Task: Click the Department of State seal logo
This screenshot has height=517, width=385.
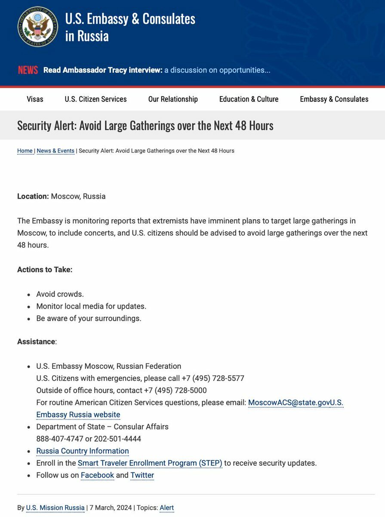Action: (37, 27)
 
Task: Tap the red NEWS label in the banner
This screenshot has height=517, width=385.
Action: (28, 70)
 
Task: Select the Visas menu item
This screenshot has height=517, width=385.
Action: (35, 99)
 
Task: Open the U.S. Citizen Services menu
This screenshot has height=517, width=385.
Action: (95, 99)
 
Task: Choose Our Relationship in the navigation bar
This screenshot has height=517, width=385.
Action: (173, 99)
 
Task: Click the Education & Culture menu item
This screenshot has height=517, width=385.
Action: (249, 99)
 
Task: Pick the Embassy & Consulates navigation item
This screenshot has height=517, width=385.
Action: (334, 99)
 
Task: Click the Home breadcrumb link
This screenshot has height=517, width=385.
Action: (25, 151)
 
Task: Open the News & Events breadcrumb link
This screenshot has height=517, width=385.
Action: (55, 151)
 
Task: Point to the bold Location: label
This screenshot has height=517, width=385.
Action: (33, 196)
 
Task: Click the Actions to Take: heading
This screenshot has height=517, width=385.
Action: (45, 270)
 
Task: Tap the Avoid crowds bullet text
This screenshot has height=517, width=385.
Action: (60, 294)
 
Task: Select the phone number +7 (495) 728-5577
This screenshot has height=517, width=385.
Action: (213, 378)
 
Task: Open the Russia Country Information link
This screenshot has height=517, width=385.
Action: (83, 451)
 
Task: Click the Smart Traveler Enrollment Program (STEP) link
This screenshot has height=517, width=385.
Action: (150, 463)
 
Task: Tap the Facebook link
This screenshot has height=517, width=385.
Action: (97, 475)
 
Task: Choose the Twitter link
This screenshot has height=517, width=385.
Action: (142, 475)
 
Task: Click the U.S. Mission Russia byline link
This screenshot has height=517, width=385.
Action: (55, 508)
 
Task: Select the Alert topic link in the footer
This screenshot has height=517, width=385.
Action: (166, 508)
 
